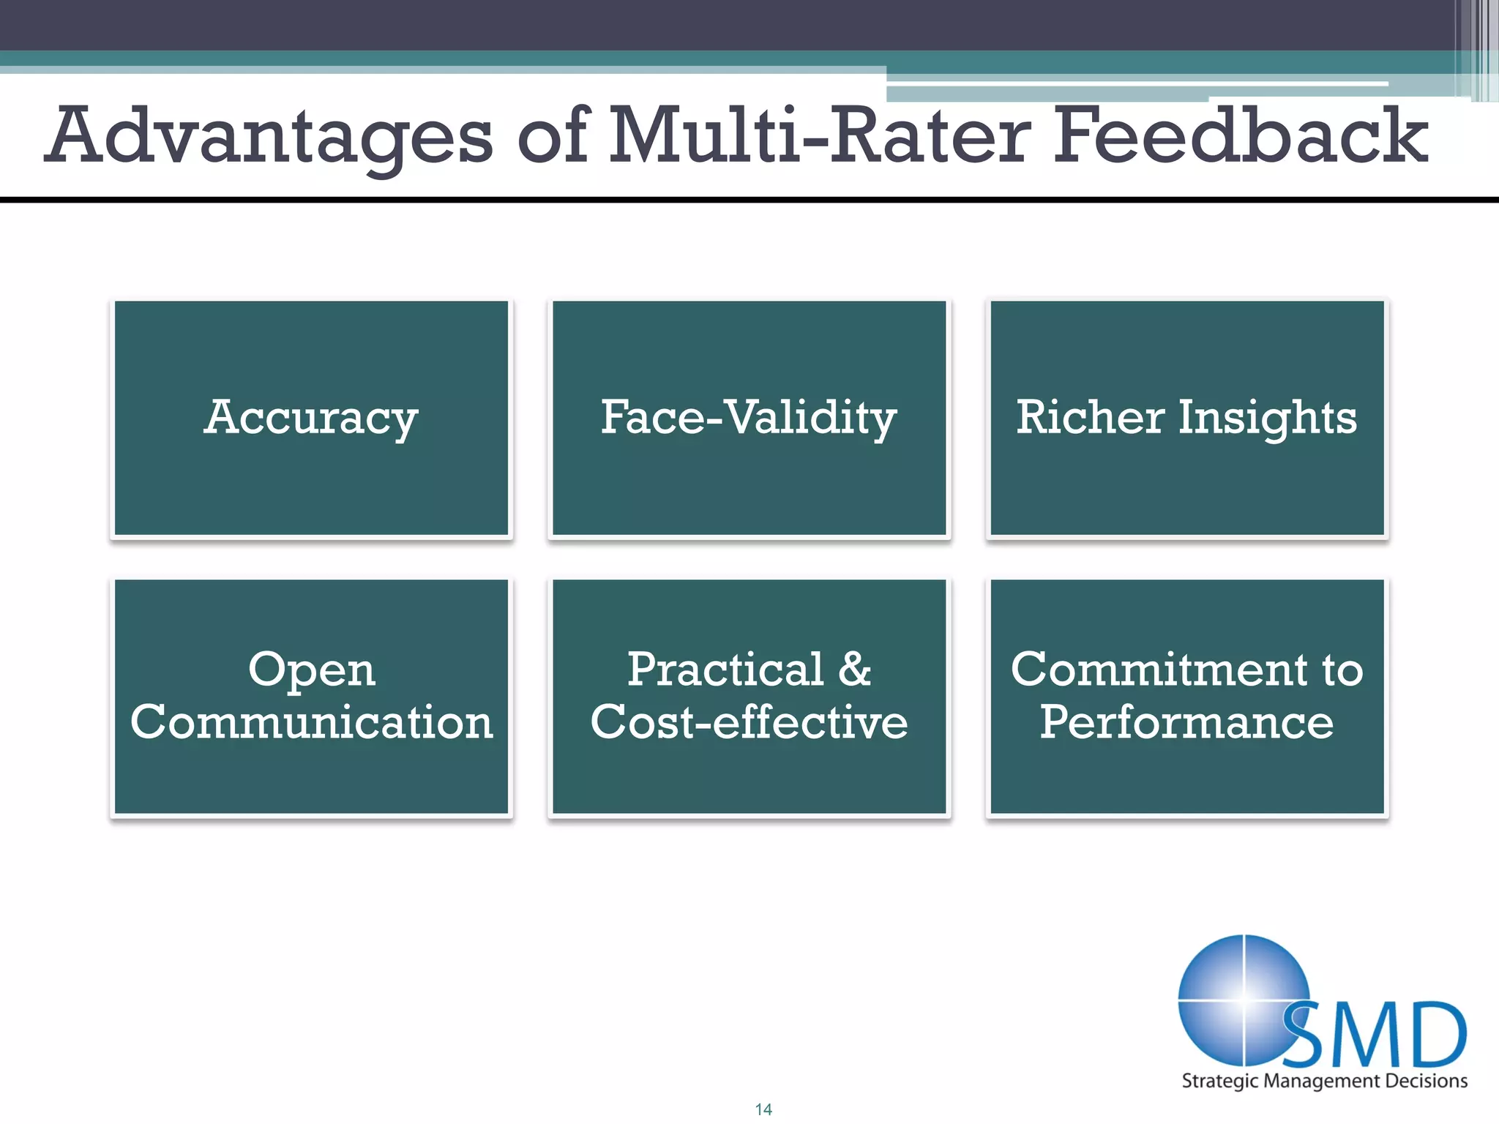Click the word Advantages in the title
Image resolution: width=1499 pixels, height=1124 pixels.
(269, 137)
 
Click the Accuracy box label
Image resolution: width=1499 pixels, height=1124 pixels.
(311, 418)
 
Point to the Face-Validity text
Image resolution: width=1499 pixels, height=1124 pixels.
(749, 418)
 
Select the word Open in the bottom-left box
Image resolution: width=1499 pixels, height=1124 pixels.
(312, 670)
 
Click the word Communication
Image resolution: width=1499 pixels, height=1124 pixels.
(312, 722)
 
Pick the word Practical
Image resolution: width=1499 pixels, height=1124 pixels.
(725, 669)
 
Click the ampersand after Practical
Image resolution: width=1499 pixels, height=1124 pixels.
(854, 669)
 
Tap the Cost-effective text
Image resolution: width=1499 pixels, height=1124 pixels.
(749, 722)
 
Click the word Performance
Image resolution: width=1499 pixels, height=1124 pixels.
(1186, 722)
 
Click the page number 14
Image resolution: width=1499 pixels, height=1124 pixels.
(763, 1109)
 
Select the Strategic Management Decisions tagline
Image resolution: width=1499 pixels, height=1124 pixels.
(1324, 1081)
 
